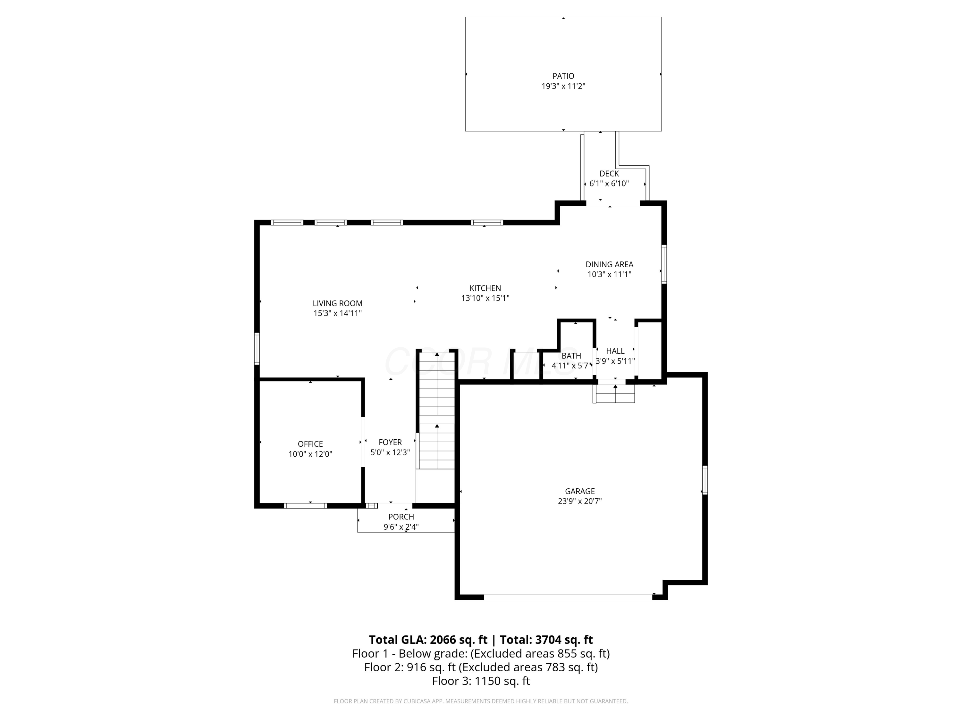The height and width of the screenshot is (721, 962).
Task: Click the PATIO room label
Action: pos(563,76)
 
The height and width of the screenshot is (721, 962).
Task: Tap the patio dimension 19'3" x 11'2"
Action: pos(563,87)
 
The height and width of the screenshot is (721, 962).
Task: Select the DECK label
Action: pos(609,174)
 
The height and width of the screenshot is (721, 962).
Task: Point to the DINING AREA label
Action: pos(609,264)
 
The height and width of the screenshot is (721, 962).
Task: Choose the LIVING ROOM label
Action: pos(337,303)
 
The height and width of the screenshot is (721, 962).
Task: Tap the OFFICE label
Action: pos(310,444)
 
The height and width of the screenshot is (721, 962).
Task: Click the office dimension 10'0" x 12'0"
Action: pos(310,454)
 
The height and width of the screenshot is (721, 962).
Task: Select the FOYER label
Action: pos(390,443)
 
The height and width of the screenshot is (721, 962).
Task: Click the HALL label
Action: pos(615,351)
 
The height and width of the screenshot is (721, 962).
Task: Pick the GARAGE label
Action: pos(580,491)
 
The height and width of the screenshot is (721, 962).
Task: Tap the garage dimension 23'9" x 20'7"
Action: pos(580,501)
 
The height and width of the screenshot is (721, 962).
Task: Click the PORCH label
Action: pos(401,517)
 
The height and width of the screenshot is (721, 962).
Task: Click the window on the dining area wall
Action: pos(664,264)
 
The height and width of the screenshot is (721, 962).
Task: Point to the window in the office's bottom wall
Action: pos(305,505)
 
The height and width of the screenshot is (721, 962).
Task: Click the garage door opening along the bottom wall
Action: pos(568,597)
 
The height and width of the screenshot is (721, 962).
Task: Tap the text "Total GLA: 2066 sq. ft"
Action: pos(428,640)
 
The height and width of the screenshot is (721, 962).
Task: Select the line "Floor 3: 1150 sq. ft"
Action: pos(481,681)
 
